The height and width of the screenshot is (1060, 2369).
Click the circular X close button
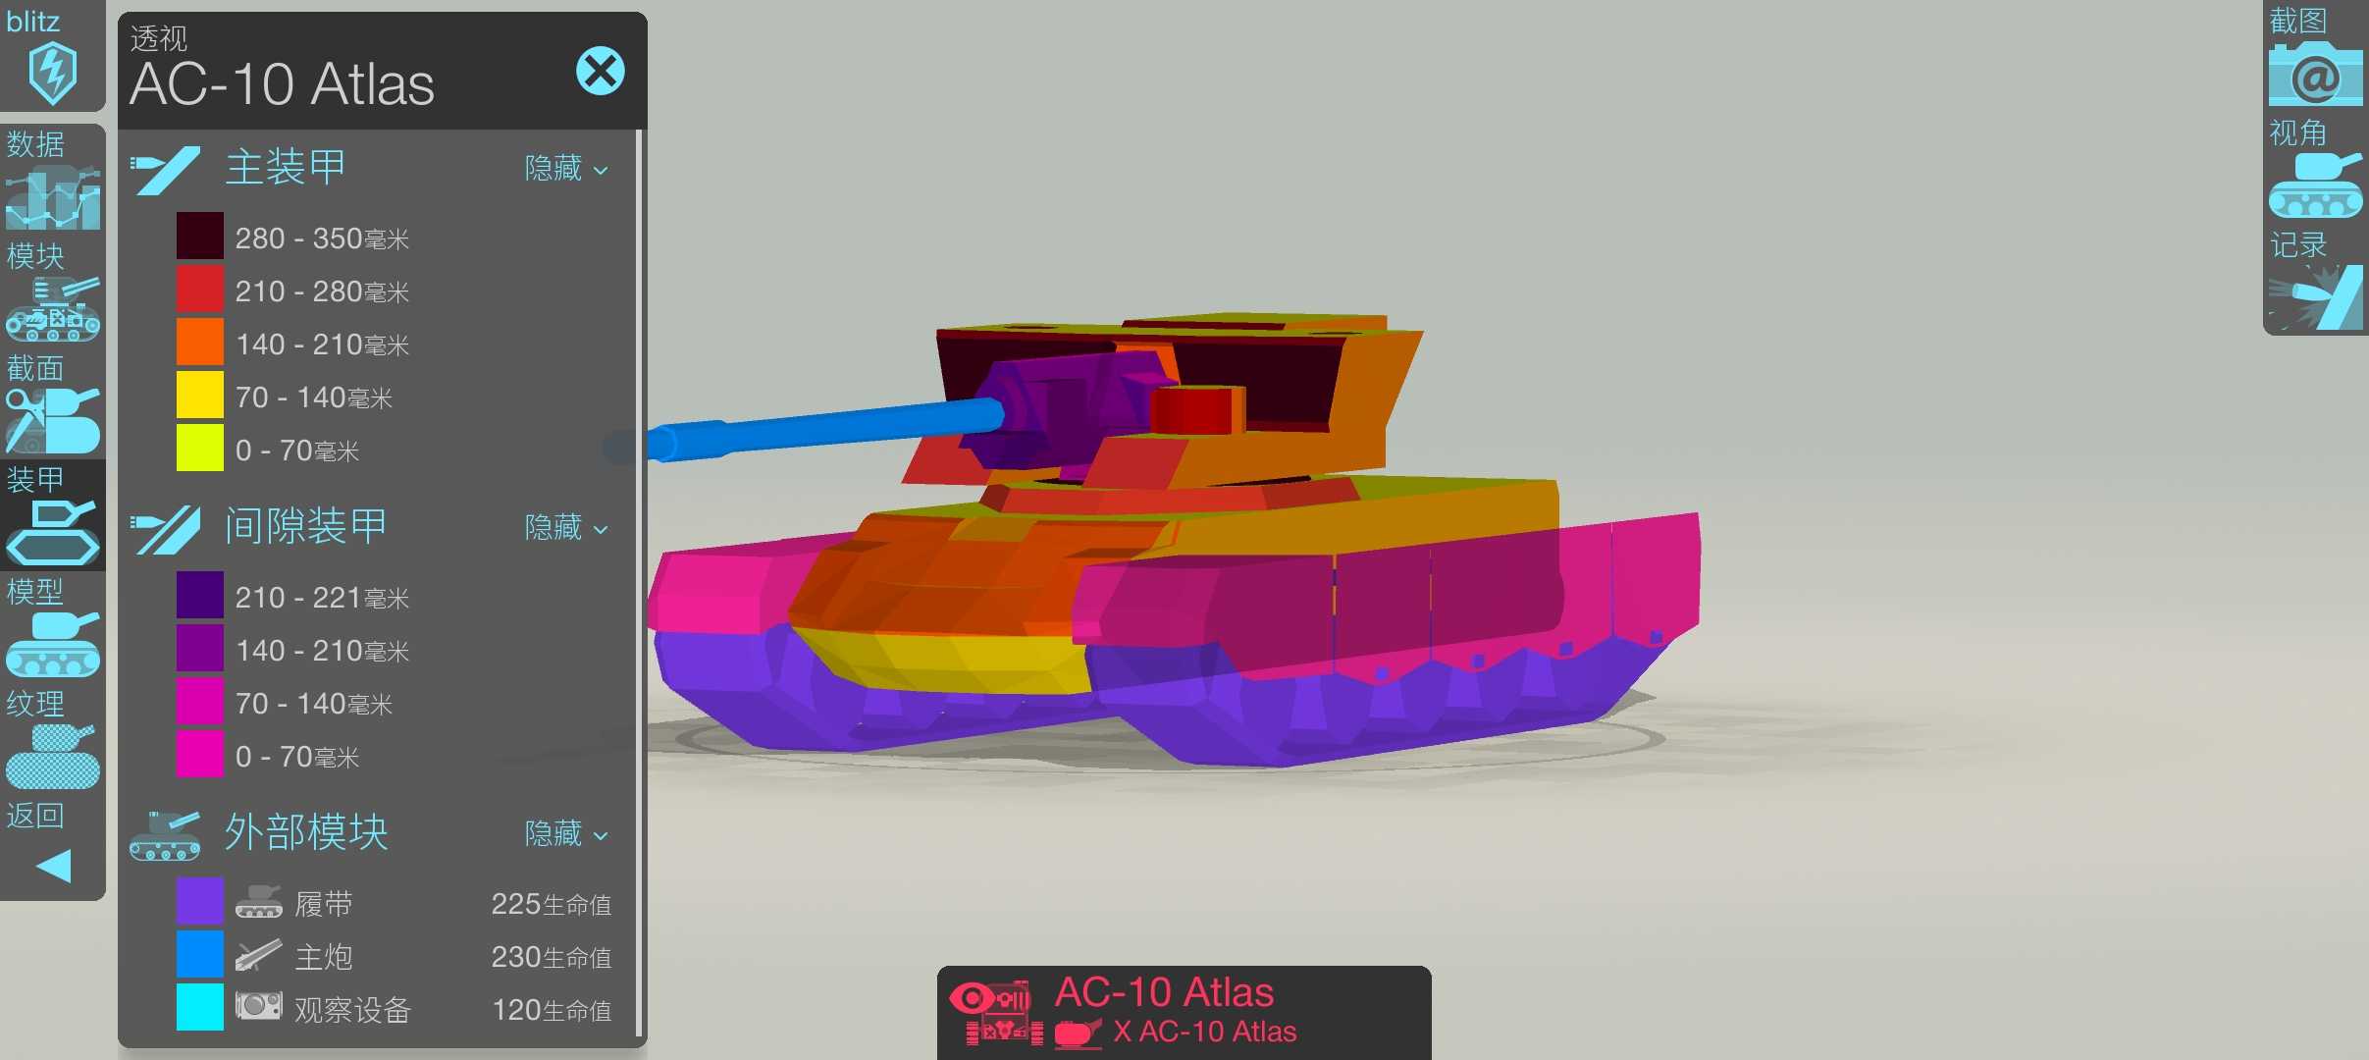click(x=601, y=71)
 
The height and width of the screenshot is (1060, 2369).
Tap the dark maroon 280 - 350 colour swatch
click(x=200, y=237)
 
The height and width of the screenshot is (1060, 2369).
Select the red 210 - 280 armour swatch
click(x=200, y=290)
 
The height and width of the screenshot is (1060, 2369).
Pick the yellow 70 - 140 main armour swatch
click(x=200, y=396)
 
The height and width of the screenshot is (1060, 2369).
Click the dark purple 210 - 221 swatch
click(x=200, y=596)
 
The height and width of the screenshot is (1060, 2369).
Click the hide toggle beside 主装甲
click(x=566, y=169)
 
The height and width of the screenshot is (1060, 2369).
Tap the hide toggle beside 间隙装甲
click(x=566, y=528)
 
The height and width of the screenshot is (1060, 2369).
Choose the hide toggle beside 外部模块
click(x=566, y=834)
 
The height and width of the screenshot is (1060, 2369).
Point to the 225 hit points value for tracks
click(x=551, y=904)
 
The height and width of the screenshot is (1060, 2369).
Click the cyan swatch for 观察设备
click(x=200, y=1008)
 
